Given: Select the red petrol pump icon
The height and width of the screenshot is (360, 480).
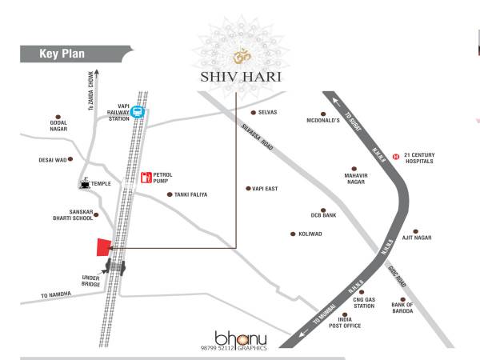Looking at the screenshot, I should [146, 178].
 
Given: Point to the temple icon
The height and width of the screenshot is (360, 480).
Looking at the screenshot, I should [84, 184].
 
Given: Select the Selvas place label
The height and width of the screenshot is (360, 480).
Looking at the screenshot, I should [267, 113].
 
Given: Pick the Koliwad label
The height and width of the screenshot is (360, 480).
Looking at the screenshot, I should [310, 234].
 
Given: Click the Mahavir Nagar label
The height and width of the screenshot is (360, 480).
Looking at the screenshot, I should [360, 177].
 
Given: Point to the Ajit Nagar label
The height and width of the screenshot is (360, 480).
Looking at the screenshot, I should [439, 238].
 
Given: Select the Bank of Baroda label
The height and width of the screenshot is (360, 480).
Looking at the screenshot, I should [402, 307].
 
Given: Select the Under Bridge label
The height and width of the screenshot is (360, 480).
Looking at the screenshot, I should [90, 281].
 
